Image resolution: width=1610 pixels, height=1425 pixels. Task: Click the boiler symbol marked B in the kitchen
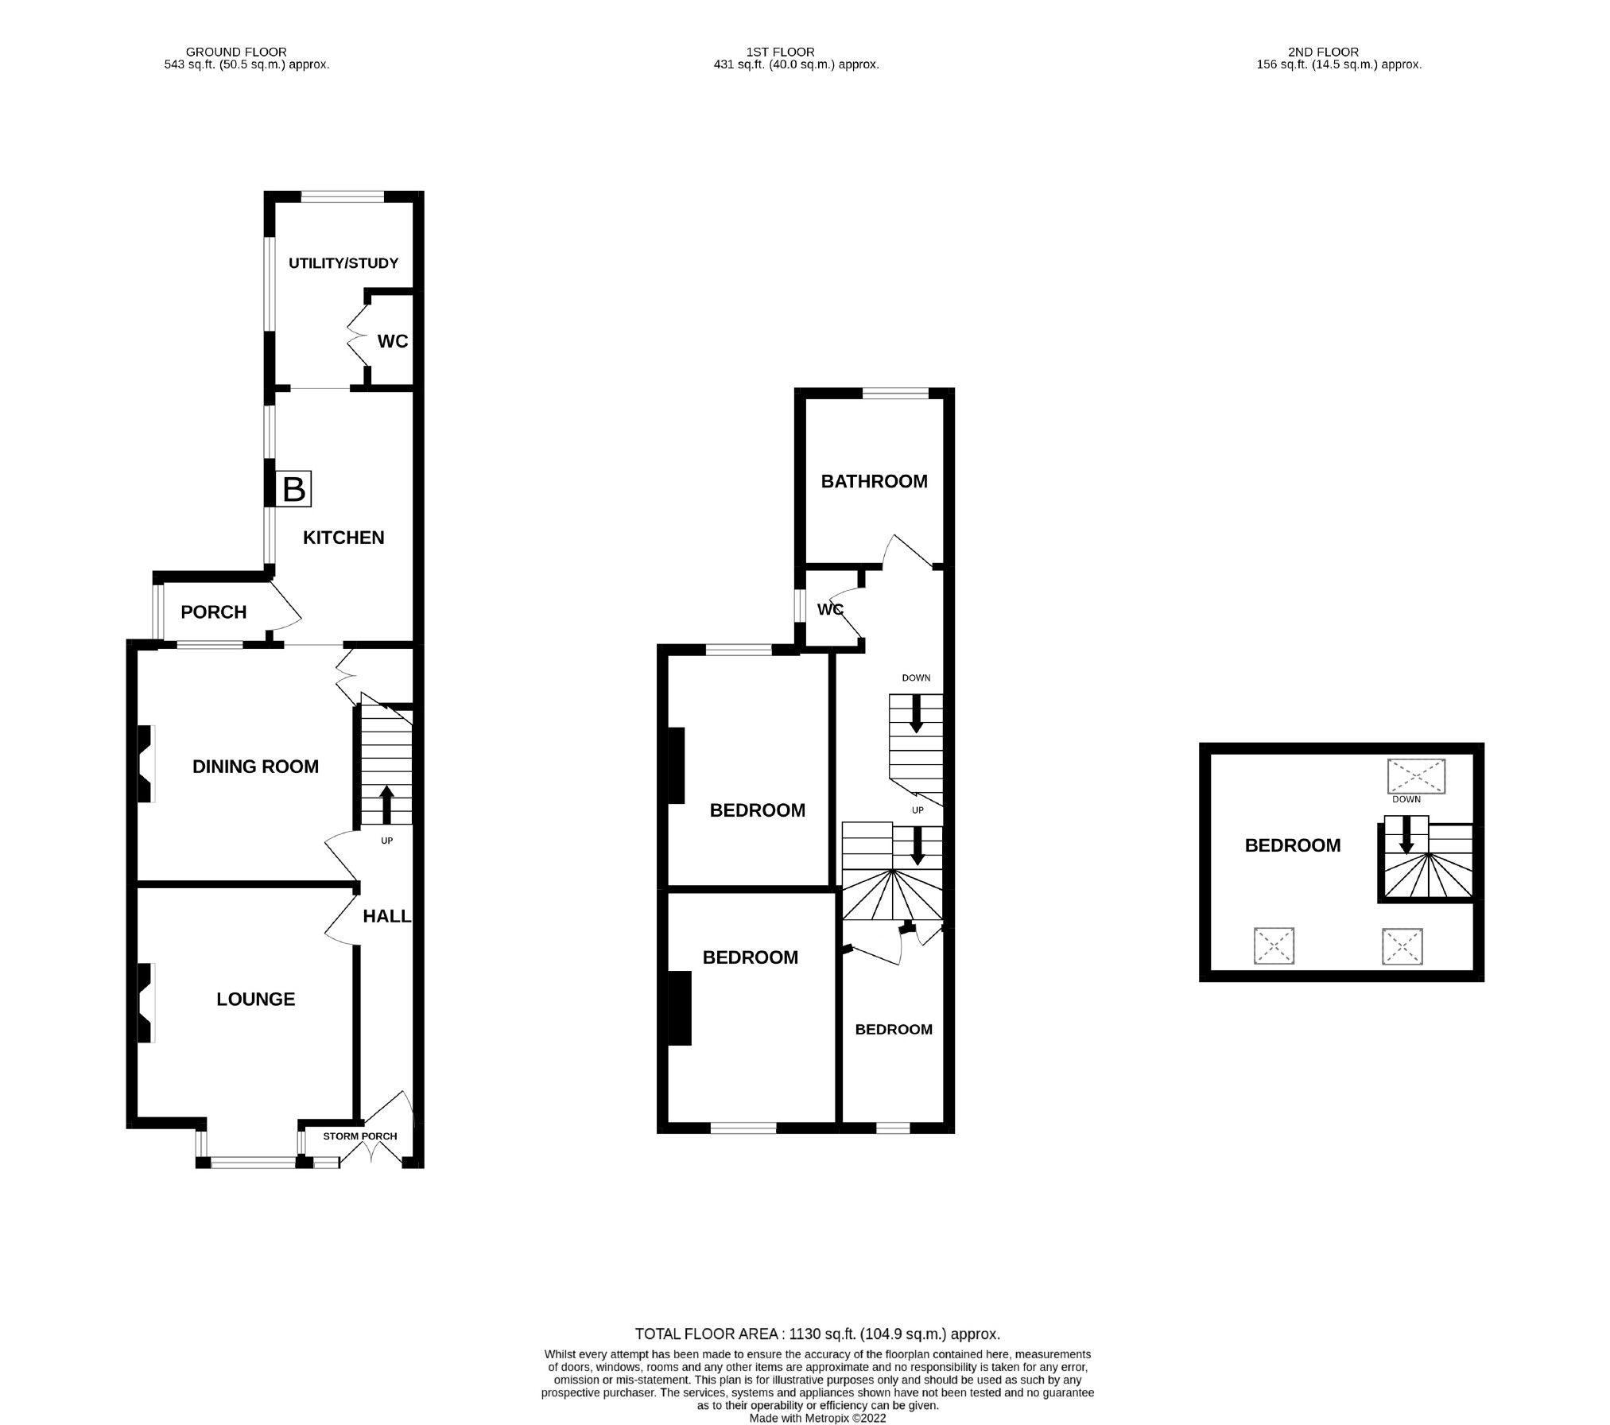[x=293, y=489]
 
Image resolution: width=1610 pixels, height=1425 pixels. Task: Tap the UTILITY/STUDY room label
[x=343, y=263]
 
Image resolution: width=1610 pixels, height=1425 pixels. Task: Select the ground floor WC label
[x=393, y=341]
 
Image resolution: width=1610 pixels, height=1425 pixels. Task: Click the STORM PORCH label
[x=359, y=1136]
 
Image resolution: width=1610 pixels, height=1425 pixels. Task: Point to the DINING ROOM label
[x=255, y=766]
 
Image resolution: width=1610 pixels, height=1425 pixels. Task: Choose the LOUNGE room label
[x=255, y=999]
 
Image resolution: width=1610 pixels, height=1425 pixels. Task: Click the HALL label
[x=386, y=915]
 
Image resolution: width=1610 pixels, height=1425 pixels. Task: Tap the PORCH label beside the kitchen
[x=213, y=612]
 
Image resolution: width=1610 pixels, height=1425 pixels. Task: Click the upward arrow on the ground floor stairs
[x=386, y=804]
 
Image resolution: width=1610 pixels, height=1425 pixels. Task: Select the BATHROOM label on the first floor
[x=874, y=481]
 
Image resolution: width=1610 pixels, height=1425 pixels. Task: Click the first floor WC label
[x=830, y=609]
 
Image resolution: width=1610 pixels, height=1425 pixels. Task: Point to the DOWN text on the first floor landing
[x=916, y=678]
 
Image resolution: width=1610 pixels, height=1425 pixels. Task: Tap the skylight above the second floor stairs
[x=1416, y=775]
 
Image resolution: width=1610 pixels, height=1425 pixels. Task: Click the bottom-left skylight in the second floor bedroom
[x=1274, y=947]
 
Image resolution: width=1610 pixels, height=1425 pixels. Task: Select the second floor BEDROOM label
[x=1292, y=845]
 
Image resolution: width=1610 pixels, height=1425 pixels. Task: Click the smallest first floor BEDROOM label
[x=894, y=1029]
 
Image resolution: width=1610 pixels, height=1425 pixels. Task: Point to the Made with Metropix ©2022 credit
[x=817, y=1417]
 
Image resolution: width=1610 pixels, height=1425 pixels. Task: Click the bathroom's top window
[x=895, y=393]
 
